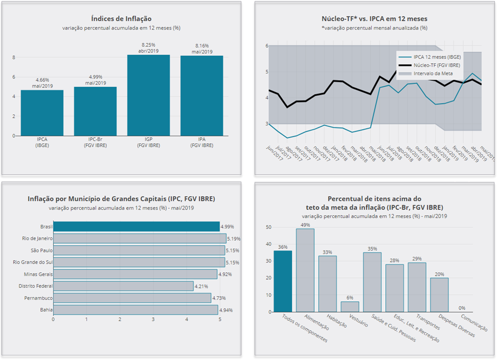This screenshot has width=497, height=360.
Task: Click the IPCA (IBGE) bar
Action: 42,113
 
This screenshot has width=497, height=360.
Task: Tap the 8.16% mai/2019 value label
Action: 202,48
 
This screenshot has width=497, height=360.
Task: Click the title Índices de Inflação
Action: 121,19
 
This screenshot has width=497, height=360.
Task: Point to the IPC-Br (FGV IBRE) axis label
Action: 95,142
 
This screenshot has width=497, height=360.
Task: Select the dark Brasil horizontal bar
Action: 136,226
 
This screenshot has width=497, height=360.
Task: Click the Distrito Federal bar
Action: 123,286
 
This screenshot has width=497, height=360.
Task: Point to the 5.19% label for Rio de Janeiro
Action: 234,239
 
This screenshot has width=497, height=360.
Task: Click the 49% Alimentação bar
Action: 305,270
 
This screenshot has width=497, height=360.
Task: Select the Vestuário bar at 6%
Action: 350,306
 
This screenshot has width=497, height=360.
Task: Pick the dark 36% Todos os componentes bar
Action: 283,281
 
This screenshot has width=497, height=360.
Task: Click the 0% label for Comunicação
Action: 462,308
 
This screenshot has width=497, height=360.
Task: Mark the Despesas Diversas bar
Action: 439,295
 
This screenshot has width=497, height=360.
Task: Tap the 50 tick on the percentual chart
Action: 268,227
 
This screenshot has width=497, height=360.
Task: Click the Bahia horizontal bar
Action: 135,310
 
